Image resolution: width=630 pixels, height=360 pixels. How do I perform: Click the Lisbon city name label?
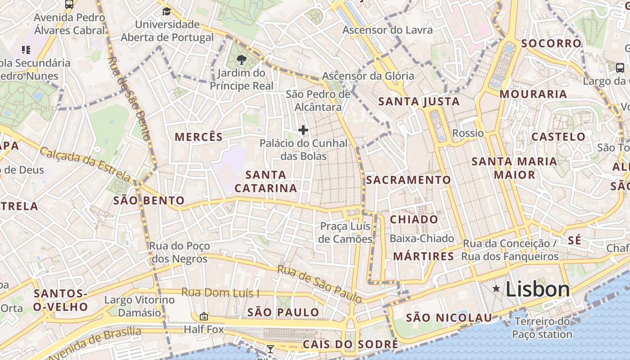(x=538, y=289)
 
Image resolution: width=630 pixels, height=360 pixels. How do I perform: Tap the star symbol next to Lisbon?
(x=496, y=288)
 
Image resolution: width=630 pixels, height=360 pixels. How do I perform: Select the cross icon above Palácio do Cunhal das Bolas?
(x=303, y=130)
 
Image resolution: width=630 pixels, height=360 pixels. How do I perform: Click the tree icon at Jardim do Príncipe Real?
(x=241, y=59)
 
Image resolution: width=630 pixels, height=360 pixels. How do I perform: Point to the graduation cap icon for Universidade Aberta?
(x=167, y=11)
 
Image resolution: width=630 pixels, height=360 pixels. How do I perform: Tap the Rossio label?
(x=468, y=133)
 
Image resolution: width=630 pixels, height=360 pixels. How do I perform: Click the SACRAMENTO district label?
(x=408, y=180)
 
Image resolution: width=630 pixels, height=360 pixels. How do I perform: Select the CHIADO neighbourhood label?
(x=414, y=220)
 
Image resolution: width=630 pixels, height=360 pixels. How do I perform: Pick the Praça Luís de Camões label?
(x=345, y=233)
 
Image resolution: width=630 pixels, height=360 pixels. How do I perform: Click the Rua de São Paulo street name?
(x=319, y=284)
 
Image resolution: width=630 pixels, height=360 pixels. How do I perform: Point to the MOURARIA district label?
(x=533, y=94)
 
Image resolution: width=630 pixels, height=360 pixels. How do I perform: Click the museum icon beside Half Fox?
(x=203, y=317)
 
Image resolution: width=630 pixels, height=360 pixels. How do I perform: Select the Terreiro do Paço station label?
(x=542, y=328)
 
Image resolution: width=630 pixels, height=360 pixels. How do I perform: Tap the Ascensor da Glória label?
(x=368, y=76)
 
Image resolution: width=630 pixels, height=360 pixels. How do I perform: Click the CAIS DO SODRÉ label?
(x=350, y=345)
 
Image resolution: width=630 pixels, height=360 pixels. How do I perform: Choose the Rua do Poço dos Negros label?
(x=180, y=252)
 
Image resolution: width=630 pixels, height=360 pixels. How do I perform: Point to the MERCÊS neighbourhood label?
(x=198, y=137)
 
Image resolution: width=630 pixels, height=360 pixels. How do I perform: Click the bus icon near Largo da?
(x=620, y=68)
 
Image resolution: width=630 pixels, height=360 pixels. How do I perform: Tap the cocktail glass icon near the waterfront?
(x=270, y=349)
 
